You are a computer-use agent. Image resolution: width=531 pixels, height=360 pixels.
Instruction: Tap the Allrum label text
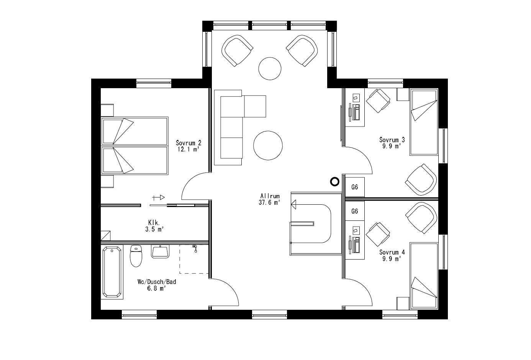point(270,196)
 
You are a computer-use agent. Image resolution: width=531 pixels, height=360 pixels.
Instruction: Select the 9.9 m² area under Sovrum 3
point(392,146)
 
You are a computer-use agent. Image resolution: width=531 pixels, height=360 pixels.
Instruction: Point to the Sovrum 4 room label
point(392,252)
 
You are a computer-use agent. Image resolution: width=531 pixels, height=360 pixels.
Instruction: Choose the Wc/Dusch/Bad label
point(156,282)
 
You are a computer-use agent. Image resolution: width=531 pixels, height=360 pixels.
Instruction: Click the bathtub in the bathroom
point(113,272)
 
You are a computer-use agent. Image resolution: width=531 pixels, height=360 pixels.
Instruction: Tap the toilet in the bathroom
point(136,256)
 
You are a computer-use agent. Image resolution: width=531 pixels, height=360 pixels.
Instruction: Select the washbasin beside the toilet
point(161,252)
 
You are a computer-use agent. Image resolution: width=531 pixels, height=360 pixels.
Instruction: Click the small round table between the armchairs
point(270,68)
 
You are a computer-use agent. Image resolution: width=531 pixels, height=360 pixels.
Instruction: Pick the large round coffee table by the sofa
point(268,145)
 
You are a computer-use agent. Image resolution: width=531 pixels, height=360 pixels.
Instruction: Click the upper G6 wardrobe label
point(355,187)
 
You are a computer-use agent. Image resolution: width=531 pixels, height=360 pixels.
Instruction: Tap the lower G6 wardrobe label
point(355,211)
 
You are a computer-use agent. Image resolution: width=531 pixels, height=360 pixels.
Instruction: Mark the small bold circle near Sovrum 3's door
point(335,182)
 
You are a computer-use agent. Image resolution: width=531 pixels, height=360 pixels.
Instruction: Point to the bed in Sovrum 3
point(424,122)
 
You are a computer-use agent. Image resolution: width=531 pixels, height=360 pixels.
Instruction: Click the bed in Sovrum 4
point(424,276)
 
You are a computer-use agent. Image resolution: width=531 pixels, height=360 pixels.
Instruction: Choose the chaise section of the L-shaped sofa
point(255,106)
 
